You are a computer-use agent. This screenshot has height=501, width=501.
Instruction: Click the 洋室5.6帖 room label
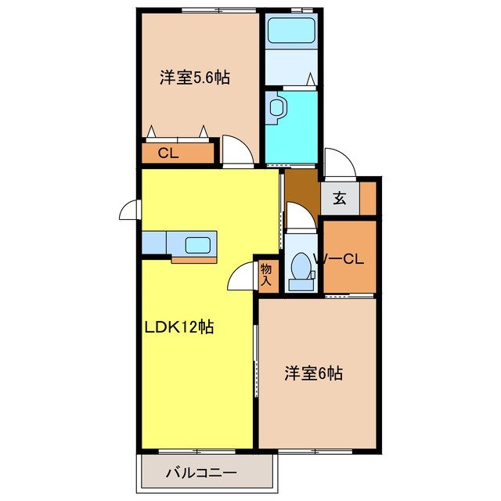(195, 78)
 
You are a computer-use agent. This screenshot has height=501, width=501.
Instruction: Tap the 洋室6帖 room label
(312, 373)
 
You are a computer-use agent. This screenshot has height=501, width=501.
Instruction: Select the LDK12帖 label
(178, 326)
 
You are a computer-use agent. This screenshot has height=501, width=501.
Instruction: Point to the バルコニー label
(201, 473)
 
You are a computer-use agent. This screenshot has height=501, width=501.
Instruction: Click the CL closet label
(168, 153)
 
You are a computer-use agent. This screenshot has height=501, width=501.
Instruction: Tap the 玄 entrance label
(339, 198)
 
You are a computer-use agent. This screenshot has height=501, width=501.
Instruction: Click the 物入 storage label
(266, 274)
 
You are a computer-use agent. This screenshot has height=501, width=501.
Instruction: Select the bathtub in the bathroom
(290, 31)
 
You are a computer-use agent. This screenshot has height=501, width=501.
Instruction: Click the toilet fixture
(300, 270)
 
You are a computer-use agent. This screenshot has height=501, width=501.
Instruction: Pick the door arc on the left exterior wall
(129, 211)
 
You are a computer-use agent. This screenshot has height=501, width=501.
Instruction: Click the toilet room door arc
(300, 215)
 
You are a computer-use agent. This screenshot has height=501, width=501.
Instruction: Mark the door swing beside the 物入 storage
(240, 276)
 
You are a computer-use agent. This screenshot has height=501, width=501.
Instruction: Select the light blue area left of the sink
(155, 243)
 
